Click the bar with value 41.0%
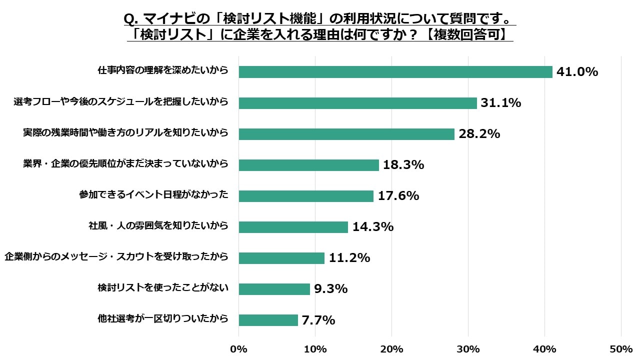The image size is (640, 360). tap(395, 72)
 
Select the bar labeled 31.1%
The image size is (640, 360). tap(357, 103)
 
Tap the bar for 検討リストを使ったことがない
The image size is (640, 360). tap(274, 289)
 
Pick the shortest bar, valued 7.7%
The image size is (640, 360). tap(268, 320)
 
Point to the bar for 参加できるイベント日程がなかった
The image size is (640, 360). tap(306, 196)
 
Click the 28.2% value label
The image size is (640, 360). tap(479, 134)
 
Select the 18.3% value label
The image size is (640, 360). tap(403, 165)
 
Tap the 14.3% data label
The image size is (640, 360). tap(373, 227)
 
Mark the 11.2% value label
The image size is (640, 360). tap(349, 258)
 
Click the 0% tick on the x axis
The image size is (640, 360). tap(239, 348)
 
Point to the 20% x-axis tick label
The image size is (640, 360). tap(392, 348)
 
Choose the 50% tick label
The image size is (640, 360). tap(621, 348)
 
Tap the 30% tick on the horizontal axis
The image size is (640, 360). tap(468, 348)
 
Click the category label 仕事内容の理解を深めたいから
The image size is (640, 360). tap(162, 70)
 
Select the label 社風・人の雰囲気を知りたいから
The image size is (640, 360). tap(158, 225)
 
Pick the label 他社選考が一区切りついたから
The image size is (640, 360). tap(162, 318)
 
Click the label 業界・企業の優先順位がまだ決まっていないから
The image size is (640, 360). tap(125, 163)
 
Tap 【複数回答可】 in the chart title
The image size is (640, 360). tap(469, 34)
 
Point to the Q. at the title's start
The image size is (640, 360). tap(131, 19)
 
